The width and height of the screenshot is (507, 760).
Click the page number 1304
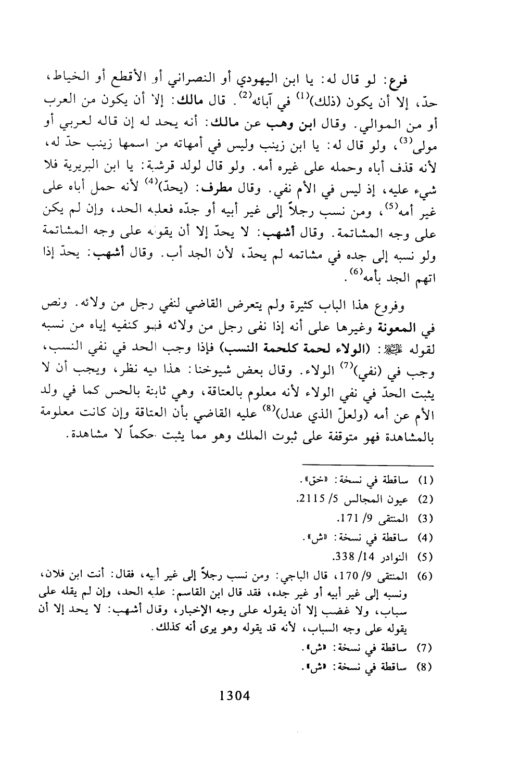coord(235,695)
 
